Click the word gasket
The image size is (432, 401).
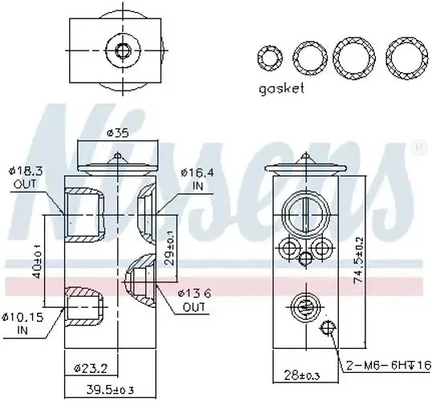pos(281,89)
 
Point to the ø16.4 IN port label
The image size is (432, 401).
pos(196,177)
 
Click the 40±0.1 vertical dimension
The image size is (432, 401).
pos(36,265)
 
